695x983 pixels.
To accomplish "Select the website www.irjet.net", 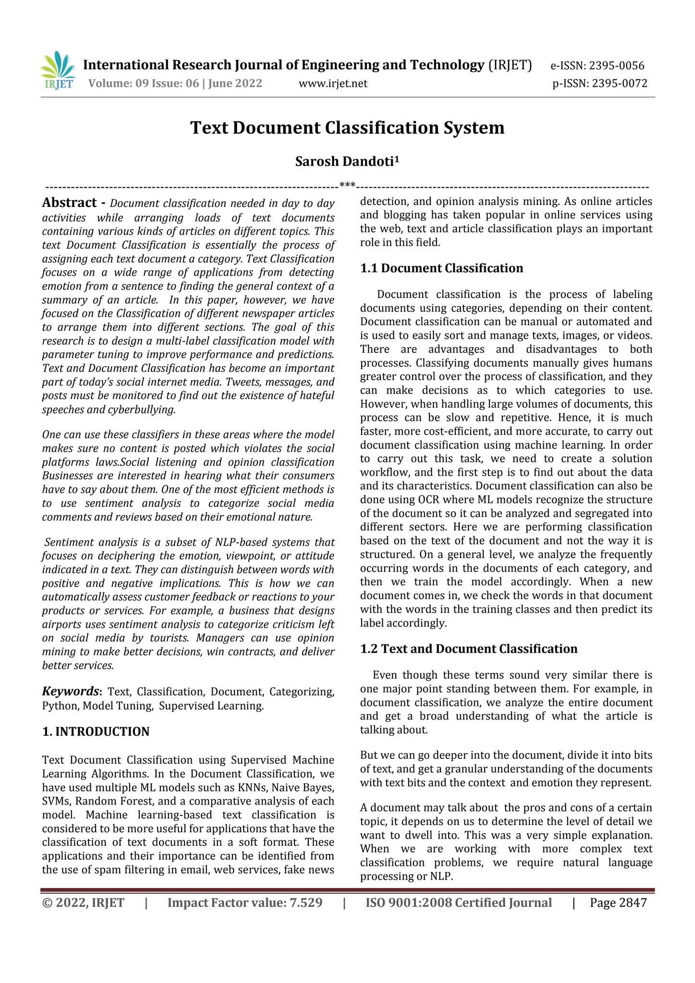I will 333,84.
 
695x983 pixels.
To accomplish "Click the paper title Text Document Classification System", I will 347,128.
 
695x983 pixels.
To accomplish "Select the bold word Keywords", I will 71,692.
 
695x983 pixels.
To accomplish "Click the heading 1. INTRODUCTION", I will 96,731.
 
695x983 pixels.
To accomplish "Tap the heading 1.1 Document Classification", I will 441,268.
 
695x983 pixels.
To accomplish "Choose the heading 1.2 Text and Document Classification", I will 468,649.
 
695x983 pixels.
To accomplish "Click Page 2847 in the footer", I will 618,903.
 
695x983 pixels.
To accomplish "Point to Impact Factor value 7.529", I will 244,903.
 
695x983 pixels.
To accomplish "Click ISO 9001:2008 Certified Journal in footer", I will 459,903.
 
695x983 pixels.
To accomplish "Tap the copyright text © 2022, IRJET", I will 83,903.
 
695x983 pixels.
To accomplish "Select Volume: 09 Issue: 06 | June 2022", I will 175,84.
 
